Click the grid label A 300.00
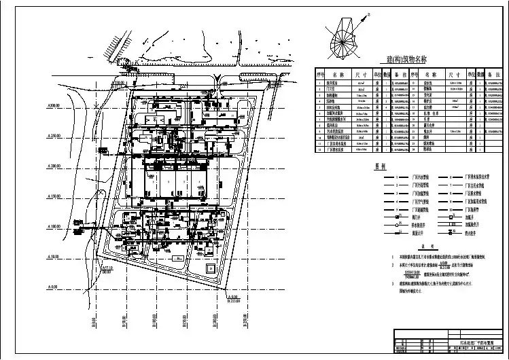coord(54,107)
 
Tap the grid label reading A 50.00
coord(54,257)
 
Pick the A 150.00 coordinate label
coord(54,197)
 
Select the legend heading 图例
coord(332,165)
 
